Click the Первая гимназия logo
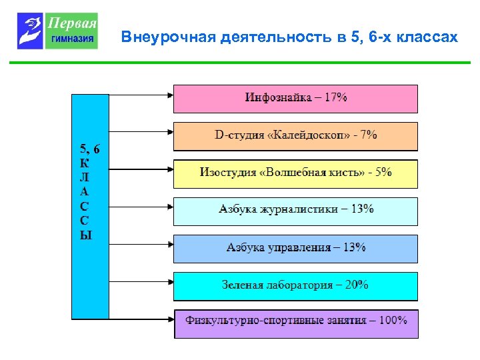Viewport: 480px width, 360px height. pyautogui.click(x=58, y=31)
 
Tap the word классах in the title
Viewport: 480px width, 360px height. pyautogui.click(x=427, y=37)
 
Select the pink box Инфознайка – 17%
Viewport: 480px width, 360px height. pyautogui.click(x=295, y=98)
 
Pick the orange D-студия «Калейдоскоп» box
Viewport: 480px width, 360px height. pyautogui.click(x=295, y=135)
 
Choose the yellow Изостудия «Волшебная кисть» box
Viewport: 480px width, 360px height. pyautogui.click(x=295, y=173)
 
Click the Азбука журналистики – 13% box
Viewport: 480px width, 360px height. pyautogui.click(x=295, y=210)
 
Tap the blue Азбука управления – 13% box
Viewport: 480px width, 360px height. pyautogui.click(x=295, y=248)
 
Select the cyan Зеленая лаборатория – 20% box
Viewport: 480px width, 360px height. pyautogui.click(x=295, y=285)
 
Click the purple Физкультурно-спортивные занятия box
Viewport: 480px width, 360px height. pyautogui.click(x=296, y=323)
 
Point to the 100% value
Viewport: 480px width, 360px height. pyautogui.click(x=393, y=320)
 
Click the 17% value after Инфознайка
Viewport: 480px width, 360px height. pyautogui.click(x=335, y=97)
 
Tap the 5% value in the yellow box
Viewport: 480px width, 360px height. pyautogui.click(x=383, y=173)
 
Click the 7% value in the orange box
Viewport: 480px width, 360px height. pyautogui.click(x=369, y=135)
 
